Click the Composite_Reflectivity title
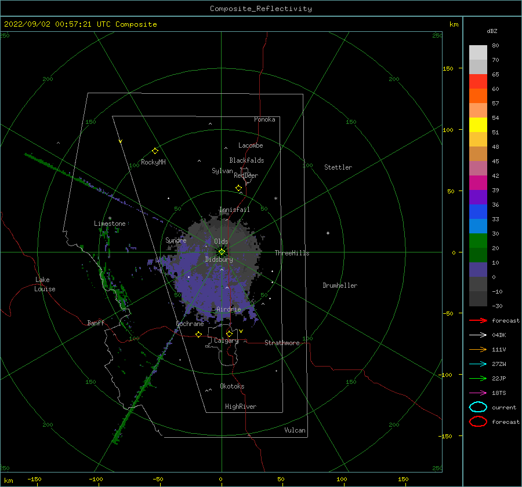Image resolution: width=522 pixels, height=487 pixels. (x=260, y=9)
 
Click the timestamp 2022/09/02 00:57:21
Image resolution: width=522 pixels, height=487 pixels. (x=48, y=24)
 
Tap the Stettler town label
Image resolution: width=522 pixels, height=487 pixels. (x=338, y=167)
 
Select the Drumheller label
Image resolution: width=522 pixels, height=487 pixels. (x=340, y=285)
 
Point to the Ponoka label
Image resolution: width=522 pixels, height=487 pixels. (x=264, y=119)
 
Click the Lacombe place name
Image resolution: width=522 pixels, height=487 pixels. (x=251, y=145)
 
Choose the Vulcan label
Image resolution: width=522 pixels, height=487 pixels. (x=295, y=430)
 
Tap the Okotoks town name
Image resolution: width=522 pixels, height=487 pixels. (x=232, y=386)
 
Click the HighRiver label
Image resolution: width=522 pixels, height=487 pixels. (x=241, y=407)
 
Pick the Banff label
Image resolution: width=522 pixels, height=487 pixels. (x=96, y=323)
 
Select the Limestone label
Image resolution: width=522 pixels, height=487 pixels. (x=110, y=224)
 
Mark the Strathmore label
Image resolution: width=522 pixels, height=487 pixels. (x=282, y=343)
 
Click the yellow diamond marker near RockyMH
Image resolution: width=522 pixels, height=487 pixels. (x=155, y=151)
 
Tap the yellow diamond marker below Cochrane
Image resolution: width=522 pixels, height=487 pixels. (x=199, y=334)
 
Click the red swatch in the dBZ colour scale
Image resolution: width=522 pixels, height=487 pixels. (x=478, y=82)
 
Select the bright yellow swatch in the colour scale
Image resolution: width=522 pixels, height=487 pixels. (x=478, y=125)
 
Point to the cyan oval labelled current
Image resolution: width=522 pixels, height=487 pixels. (x=478, y=407)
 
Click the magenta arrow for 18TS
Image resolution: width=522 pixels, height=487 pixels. (x=478, y=393)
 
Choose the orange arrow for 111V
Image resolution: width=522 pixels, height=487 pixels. (x=478, y=349)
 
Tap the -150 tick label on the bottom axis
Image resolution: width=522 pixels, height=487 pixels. (x=34, y=479)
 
